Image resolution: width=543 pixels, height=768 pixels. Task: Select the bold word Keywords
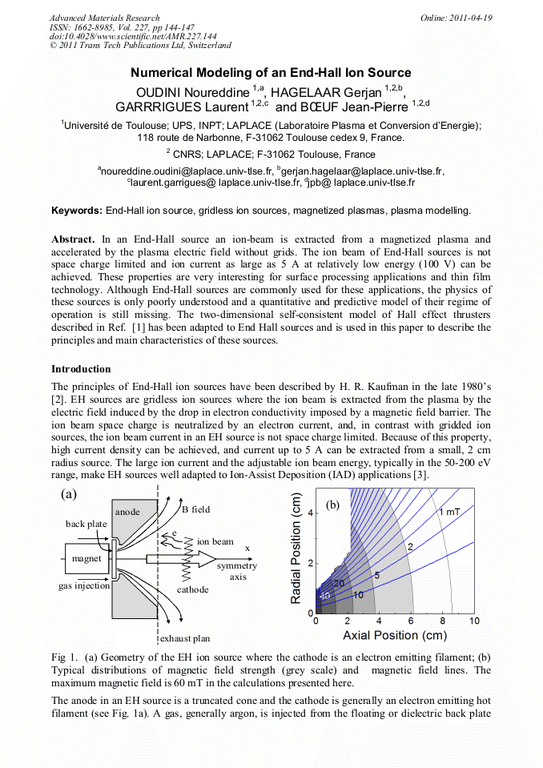[76, 211]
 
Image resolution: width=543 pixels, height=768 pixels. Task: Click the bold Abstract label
[74, 239]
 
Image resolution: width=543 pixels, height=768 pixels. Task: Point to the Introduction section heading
[81, 369]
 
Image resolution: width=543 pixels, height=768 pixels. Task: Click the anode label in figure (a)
[127, 511]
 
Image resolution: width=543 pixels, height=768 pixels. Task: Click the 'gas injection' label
[83, 586]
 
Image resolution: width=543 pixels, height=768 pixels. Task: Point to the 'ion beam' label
[215, 541]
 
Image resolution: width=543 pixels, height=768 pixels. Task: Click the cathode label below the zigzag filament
[192, 589]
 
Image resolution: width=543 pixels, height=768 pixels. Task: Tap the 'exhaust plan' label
[185, 638]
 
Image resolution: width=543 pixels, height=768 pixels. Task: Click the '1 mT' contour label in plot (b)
[448, 512]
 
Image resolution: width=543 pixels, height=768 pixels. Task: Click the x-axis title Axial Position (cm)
[392, 635]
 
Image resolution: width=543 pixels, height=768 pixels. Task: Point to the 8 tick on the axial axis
[443, 621]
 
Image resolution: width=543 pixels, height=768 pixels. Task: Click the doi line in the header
[133, 36]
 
